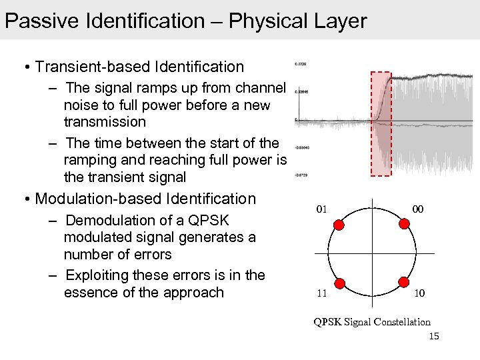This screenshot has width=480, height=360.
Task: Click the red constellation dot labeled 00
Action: [x=403, y=225]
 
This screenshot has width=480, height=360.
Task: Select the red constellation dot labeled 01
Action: [x=339, y=225]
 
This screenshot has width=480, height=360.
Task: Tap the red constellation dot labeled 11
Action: [x=339, y=282]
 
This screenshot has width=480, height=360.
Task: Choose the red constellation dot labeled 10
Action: [x=403, y=282]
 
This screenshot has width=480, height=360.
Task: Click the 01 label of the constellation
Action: [x=321, y=209]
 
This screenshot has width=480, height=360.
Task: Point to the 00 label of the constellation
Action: [x=418, y=209]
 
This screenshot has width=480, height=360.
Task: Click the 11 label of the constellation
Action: [x=321, y=293]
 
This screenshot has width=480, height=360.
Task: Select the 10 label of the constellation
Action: [x=418, y=293]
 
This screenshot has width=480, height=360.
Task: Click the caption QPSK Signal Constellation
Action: [x=372, y=322]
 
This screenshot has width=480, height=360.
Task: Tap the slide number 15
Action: [x=434, y=336]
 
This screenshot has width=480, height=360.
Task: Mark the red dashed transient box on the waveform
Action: [x=381, y=123]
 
